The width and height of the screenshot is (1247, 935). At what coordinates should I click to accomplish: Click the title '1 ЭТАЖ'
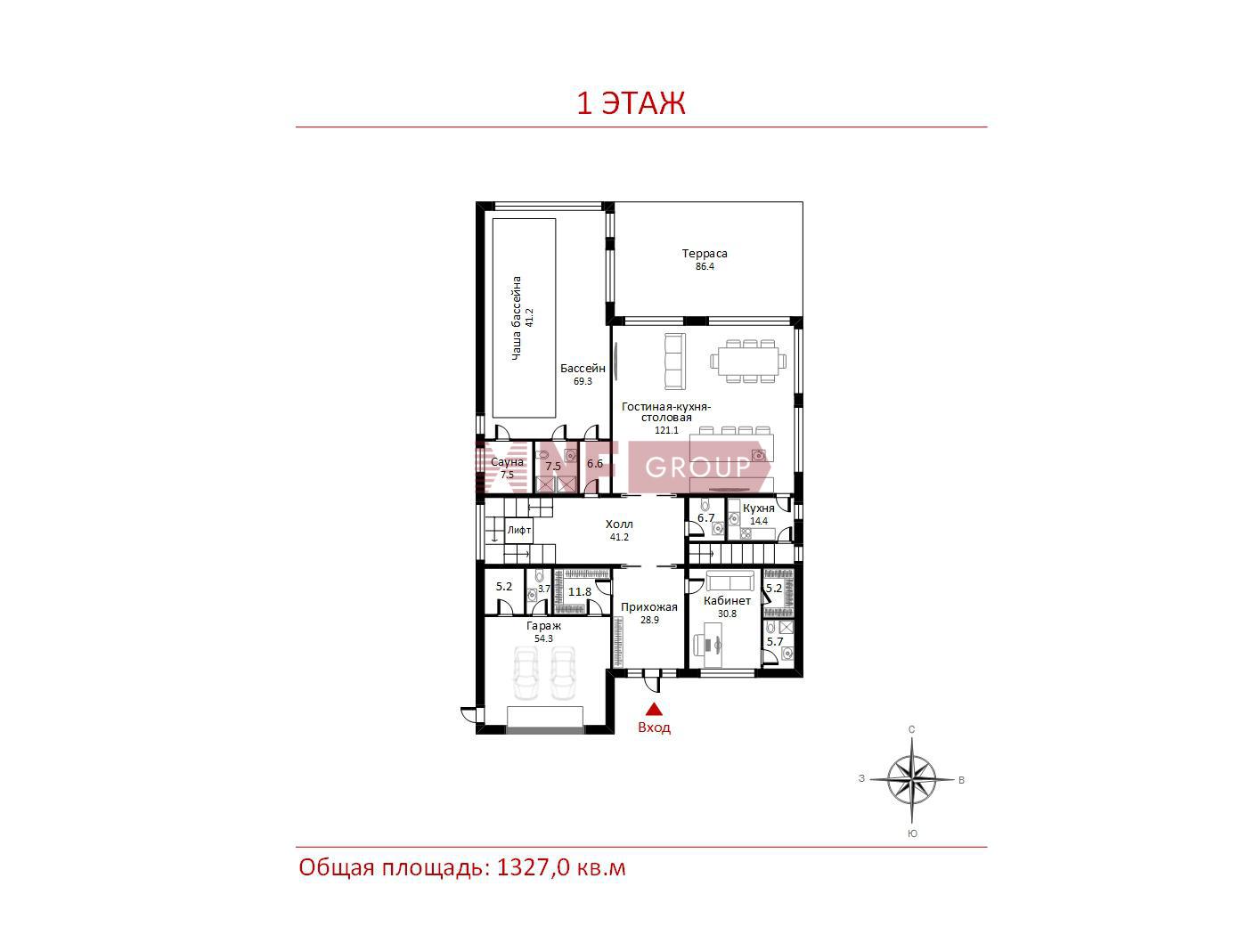631,103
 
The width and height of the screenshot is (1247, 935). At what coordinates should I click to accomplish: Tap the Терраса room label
705,253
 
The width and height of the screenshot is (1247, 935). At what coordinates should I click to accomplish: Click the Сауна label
507,461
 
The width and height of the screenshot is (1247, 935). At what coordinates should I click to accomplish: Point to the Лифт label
518,530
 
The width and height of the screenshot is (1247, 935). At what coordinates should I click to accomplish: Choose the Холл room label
619,524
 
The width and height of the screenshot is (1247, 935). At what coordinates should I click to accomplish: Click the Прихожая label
648,607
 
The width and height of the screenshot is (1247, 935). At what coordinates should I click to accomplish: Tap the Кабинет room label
727,600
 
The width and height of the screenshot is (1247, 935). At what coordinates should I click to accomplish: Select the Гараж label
543,626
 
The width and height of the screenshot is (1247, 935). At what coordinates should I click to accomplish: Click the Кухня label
758,508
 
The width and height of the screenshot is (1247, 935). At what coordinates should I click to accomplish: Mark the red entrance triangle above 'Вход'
654,709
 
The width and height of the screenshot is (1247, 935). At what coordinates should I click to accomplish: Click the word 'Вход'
654,728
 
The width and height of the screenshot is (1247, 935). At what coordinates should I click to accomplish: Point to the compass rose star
912,780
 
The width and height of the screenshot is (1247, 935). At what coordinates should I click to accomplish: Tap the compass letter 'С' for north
911,729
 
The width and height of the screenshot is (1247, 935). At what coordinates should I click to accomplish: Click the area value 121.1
666,430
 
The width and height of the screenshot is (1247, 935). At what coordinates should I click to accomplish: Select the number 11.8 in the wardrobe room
580,591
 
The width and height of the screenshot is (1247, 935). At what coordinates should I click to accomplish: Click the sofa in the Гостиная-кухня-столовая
675,361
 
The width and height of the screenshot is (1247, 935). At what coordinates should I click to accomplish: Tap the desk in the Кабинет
713,645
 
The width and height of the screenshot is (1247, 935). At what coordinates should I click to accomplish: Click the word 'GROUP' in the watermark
697,467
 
